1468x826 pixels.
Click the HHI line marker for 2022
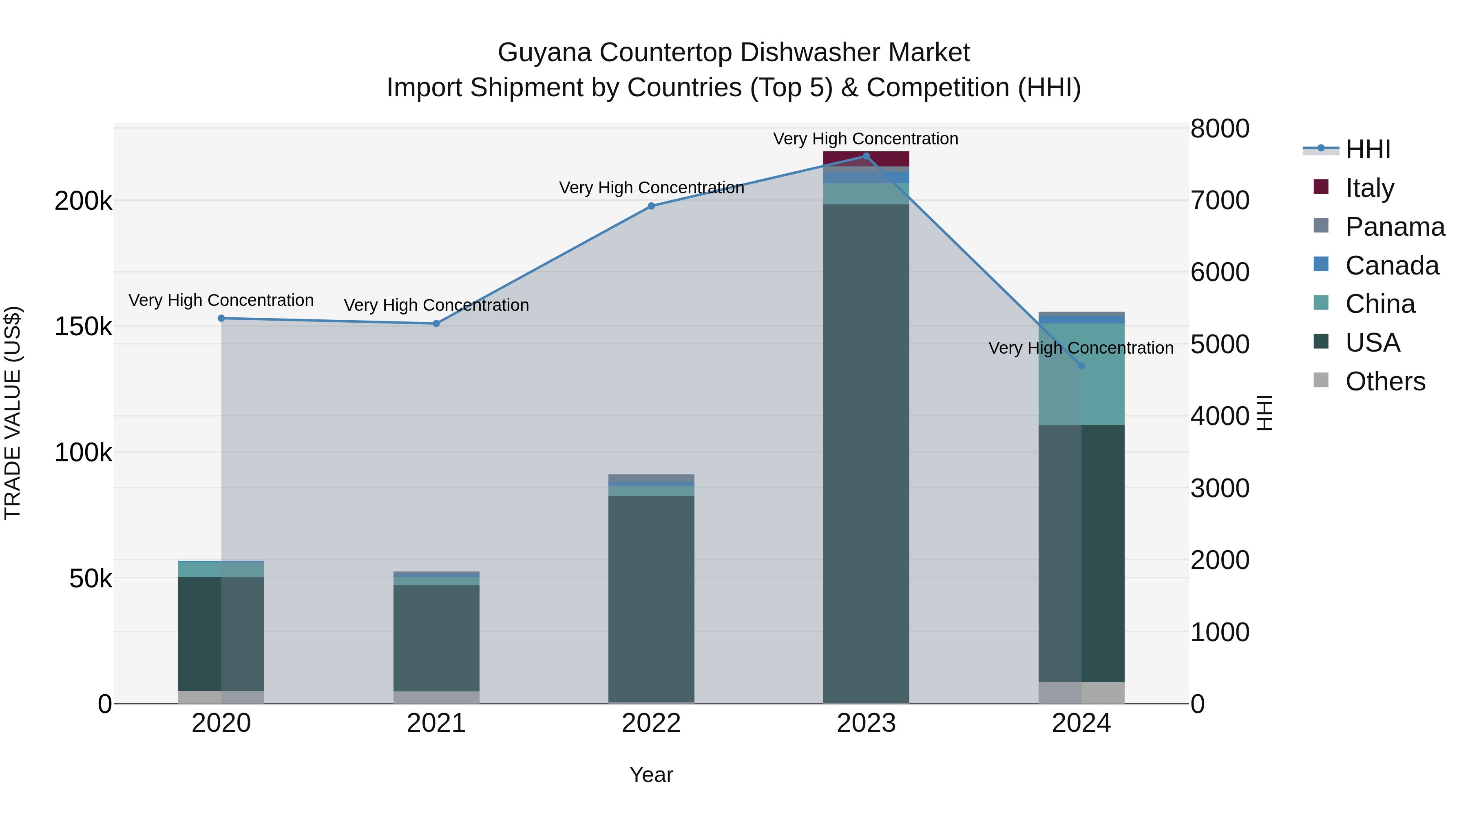click(x=651, y=206)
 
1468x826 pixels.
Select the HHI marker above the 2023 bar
click(x=866, y=156)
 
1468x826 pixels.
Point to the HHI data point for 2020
click(x=222, y=318)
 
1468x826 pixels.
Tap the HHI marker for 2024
click(x=1081, y=366)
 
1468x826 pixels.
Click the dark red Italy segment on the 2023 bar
click(x=866, y=159)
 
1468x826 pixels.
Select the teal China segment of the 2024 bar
click(x=1081, y=393)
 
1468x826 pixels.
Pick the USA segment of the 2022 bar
click(x=651, y=598)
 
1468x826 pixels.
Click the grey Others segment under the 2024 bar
click(x=1081, y=692)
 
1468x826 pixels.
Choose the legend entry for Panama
click(x=1395, y=227)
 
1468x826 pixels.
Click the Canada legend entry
click(x=1392, y=266)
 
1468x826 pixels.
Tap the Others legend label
click(x=1385, y=381)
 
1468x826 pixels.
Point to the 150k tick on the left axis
click(x=83, y=327)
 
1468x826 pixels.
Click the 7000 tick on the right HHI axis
click(x=1220, y=201)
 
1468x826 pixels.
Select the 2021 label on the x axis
click(x=436, y=723)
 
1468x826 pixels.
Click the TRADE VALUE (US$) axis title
click(x=13, y=413)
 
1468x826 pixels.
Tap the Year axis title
click(x=651, y=775)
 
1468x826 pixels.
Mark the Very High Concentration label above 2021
click(x=436, y=305)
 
